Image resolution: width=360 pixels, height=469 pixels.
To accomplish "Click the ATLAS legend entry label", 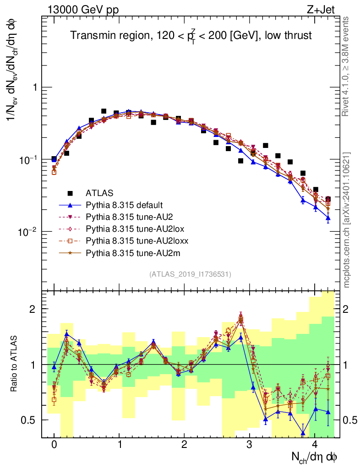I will coord(100,192).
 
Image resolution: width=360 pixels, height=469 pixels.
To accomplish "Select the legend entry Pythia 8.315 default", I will coord(125,204).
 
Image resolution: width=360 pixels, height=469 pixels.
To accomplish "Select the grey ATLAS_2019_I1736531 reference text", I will coord(190,274).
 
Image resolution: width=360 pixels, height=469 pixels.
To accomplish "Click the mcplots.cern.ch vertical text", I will coord(347,219).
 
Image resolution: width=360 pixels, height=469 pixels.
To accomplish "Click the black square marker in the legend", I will coord(70,192).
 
